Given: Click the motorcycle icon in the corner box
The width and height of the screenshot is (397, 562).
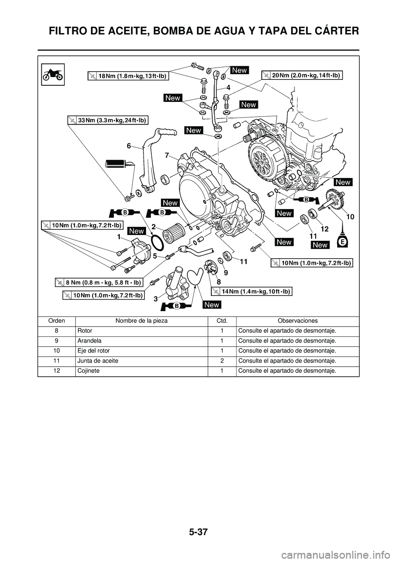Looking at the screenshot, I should point(53,75).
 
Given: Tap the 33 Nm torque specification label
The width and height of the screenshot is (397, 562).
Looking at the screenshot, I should point(108,120).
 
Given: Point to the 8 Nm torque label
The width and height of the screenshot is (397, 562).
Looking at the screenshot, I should point(99,283).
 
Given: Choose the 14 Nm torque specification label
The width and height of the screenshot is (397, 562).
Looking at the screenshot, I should point(252,291).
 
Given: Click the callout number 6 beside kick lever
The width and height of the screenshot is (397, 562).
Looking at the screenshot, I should point(129,146).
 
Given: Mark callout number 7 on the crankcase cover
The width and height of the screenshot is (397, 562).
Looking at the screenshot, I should point(166,155).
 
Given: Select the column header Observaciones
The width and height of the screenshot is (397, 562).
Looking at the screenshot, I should point(298,321).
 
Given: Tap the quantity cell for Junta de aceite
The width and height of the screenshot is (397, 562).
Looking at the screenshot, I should point(222,361).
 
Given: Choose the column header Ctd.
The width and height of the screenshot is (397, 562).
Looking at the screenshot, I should point(222,321).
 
